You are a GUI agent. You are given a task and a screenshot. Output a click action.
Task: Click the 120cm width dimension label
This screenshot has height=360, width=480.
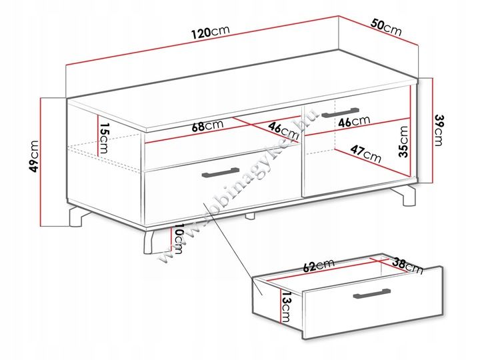tap(210, 31)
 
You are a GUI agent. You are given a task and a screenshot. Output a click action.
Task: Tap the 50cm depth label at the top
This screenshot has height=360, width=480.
tap(386, 27)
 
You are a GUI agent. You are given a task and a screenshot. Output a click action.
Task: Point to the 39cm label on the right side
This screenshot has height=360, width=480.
tap(439, 130)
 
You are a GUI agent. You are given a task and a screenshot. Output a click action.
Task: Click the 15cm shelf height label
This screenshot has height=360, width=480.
tap(103, 139)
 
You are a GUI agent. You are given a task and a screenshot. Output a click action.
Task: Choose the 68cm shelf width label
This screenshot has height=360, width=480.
tap(207, 125)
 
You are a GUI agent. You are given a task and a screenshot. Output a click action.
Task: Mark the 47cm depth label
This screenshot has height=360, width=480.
tap(366, 154)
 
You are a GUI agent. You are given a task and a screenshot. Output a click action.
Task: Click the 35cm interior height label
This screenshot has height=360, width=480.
tap(403, 141)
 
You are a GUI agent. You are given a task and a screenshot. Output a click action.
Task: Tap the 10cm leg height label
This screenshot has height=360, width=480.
tap(178, 239)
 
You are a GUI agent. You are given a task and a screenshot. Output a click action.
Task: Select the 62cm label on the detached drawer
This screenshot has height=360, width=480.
tap(319, 265)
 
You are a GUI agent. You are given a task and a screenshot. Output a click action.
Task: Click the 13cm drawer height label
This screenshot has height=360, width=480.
tap(286, 307)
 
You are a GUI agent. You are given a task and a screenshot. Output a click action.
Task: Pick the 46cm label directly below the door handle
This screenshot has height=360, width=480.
tap(354, 121)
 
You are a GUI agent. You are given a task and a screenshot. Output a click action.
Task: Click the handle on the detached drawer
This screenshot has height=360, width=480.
tap(371, 293)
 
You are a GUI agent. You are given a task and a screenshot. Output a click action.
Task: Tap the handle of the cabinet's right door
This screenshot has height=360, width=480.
tap(341, 112)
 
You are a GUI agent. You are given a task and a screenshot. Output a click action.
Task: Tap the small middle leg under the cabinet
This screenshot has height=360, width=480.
tap(250, 216)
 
